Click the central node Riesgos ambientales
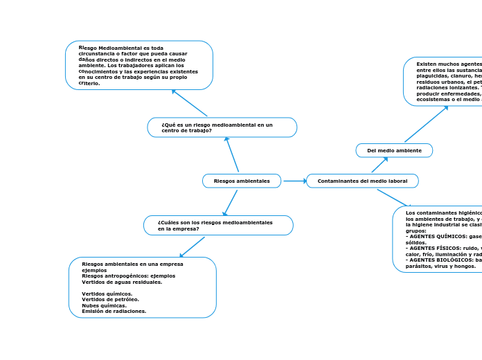[241, 181]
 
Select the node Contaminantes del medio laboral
[362, 181]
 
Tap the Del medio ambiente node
[394, 150]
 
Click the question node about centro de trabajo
[222, 127]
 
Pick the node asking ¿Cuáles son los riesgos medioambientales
[218, 225]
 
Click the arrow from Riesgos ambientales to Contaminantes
[294, 181]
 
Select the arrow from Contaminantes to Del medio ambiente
[379, 165]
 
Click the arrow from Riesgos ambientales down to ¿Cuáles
[230, 203]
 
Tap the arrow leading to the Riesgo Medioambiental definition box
[190, 103]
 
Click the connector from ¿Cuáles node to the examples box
[193, 246]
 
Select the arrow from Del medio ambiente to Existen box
[426, 124]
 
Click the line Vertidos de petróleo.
[110, 299]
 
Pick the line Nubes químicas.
[104, 305]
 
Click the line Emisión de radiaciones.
[114, 312]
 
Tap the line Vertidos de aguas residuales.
[121, 282]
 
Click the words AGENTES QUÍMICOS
[434, 235]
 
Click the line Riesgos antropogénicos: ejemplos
[128, 276]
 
